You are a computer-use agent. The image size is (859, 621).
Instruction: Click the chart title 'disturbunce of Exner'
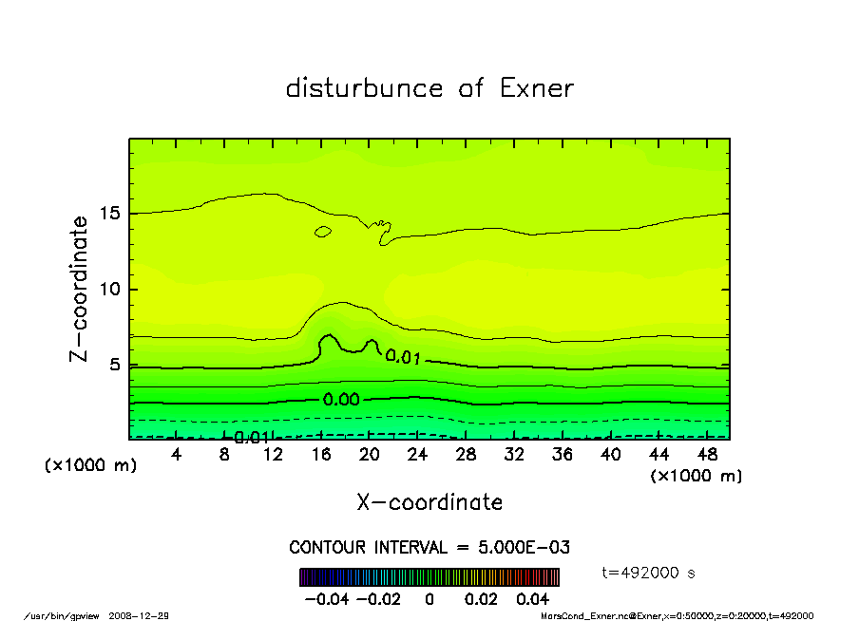429,89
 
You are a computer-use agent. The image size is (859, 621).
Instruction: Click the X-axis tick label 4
177,455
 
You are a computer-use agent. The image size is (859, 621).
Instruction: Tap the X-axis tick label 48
706,455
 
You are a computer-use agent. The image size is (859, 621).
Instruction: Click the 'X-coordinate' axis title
429,502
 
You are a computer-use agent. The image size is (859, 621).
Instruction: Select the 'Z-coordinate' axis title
80,289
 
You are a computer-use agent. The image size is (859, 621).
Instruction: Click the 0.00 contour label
341,400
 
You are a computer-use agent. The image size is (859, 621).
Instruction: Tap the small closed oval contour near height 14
323,232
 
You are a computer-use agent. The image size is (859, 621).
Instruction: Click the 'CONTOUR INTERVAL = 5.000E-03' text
429,548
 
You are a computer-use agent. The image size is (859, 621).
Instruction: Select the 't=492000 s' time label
651,573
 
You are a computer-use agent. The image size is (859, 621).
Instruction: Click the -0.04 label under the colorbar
321,600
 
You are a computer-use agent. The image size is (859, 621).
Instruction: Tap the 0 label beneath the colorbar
429,600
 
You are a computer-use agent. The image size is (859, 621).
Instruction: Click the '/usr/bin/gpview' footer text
62,615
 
